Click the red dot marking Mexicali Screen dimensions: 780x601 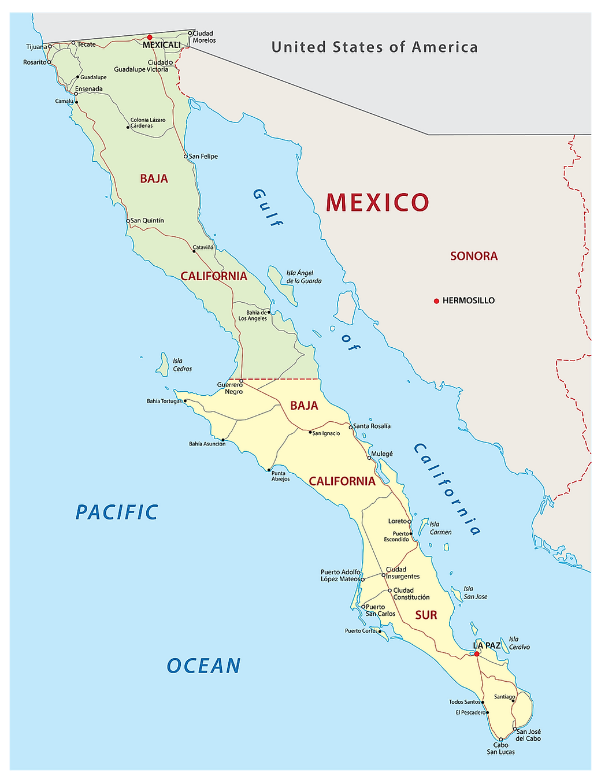pos(150,38)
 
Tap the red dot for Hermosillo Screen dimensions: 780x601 pos(436,301)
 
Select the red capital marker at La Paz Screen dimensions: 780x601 pos(477,654)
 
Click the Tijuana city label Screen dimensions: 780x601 pos(36,47)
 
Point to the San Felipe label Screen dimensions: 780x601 pos(203,157)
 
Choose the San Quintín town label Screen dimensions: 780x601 pos(147,221)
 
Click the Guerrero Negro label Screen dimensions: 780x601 pos(230,388)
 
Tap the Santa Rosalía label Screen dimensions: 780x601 pos(372,426)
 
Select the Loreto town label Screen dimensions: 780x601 pos(398,521)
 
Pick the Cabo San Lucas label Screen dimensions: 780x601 pos(500,748)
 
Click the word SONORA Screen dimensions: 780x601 pos(474,256)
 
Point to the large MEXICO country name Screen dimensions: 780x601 pos(377,202)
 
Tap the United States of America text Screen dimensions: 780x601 pos(374,47)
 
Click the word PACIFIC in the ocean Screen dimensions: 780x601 pos(117,512)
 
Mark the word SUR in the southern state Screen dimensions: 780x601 pos(426,615)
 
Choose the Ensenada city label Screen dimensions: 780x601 pos(89,89)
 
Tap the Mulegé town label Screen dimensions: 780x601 pos(382,454)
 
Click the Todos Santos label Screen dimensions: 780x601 pos(465,702)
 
